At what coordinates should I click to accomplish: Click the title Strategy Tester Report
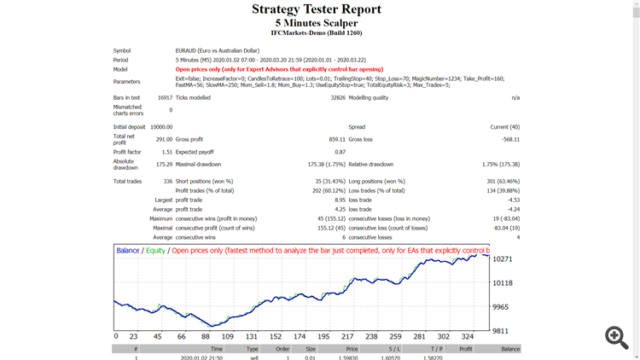point(316,9)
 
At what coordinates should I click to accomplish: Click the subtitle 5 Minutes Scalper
point(316,23)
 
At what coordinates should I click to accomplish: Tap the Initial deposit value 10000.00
point(160,126)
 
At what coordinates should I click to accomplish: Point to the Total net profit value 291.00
point(163,139)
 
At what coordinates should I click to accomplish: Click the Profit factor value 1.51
point(166,152)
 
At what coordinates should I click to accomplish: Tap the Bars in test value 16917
point(164,98)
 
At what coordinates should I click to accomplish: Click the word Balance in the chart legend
point(128,251)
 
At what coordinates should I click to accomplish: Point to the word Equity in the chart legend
point(155,251)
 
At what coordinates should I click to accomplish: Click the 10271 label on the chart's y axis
point(503,258)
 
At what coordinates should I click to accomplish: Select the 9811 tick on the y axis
point(502,329)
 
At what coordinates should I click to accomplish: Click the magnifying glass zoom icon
point(616,337)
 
